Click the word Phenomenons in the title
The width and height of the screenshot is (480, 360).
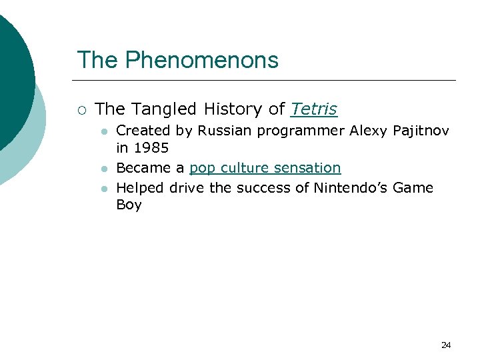(201, 60)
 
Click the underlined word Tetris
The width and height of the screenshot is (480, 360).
(314, 109)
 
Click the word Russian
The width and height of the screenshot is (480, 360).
(219, 131)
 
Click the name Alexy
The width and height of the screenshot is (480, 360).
(368, 131)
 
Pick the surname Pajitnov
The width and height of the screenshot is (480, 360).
(421, 131)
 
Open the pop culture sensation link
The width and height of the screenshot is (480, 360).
(265, 168)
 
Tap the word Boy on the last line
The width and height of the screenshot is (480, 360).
(129, 205)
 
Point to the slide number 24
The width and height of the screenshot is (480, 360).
(446, 345)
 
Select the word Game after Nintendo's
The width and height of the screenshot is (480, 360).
(413, 187)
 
